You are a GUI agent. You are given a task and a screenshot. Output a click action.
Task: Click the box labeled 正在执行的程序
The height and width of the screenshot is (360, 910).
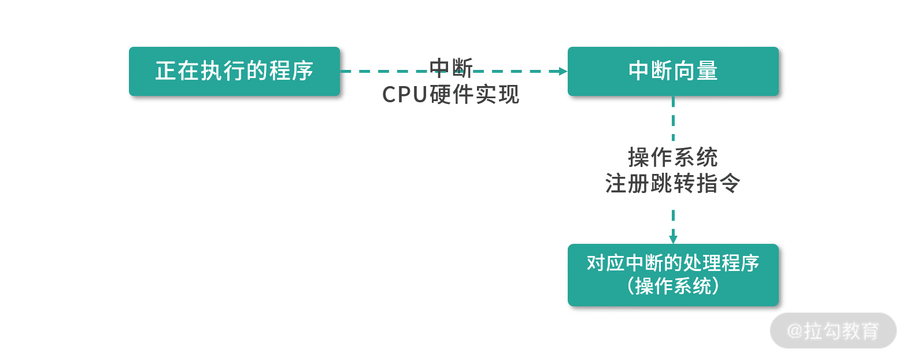click(234, 71)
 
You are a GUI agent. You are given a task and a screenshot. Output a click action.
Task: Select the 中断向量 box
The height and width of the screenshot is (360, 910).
click(673, 71)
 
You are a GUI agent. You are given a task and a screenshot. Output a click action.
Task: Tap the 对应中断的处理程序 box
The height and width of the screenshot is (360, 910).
click(673, 274)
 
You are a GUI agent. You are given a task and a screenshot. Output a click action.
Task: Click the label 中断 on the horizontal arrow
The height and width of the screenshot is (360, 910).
click(451, 68)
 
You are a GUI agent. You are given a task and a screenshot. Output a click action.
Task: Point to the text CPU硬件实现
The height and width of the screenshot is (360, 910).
click(451, 95)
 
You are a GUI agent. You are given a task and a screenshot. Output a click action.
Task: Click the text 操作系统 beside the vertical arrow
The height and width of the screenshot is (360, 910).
click(673, 157)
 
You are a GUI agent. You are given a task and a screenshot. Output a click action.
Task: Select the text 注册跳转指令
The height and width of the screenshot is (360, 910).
click(673, 183)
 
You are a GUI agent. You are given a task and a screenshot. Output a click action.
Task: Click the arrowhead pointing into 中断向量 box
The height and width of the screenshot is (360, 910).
click(563, 71)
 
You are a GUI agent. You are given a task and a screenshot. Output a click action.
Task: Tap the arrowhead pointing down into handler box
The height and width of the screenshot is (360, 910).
click(673, 239)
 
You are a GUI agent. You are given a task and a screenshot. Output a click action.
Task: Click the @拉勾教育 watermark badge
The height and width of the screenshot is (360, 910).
click(833, 331)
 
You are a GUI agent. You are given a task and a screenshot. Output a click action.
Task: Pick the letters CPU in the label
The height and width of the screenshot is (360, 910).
click(405, 95)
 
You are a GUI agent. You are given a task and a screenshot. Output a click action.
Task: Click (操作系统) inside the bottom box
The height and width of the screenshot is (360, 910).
click(673, 286)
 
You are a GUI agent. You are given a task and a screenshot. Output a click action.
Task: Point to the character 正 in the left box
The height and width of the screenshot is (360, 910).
click(166, 71)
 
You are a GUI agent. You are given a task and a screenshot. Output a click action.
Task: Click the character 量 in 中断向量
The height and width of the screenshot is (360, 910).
click(707, 71)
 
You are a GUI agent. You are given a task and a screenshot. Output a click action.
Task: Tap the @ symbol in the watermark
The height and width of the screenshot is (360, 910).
click(794, 331)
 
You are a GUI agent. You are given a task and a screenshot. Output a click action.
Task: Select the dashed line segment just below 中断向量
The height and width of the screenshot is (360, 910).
click(673, 118)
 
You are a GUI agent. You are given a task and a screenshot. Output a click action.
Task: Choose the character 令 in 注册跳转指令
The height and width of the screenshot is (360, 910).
click(730, 183)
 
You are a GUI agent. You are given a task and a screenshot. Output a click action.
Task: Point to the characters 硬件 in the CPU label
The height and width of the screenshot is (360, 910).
click(452, 95)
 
